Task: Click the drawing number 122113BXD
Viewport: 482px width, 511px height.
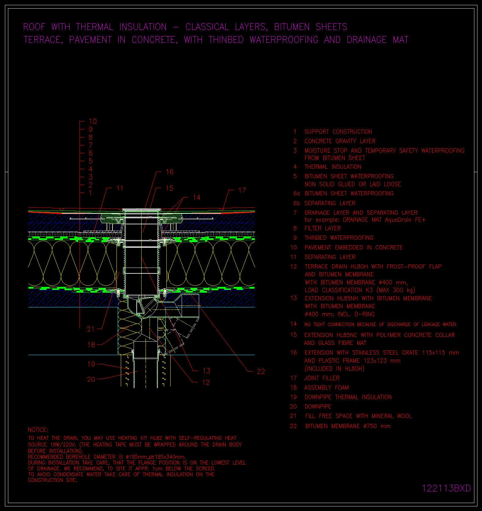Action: (447, 488)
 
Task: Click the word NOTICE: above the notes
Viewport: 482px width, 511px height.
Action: (38, 430)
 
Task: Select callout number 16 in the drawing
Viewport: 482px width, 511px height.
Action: (169, 172)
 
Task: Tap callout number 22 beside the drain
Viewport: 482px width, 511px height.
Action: (261, 372)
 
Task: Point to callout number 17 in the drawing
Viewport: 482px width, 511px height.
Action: (242, 191)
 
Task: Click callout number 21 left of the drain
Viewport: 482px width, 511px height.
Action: (91, 329)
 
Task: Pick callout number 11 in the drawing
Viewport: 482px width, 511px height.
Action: (120, 188)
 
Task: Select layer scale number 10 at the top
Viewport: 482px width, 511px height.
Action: (93, 121)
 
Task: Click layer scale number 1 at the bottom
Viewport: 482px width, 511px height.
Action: (91, 193)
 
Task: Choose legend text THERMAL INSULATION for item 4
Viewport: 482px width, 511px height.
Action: (333, 167)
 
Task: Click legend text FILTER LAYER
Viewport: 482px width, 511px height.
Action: (323, 228)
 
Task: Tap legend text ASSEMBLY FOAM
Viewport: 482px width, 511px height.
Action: (327, 388)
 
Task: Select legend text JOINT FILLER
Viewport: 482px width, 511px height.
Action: (322, 378)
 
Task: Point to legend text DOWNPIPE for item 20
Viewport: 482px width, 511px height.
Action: (318, 407)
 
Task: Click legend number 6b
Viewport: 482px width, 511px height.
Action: (296, 203)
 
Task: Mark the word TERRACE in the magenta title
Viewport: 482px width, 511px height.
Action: (43, 40)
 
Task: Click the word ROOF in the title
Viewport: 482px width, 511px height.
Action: (34, 27)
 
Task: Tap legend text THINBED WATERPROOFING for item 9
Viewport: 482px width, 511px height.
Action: (339, 238)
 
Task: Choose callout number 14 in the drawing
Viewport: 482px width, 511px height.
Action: (197, 198)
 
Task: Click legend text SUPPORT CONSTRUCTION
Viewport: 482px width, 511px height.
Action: (338, 132)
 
